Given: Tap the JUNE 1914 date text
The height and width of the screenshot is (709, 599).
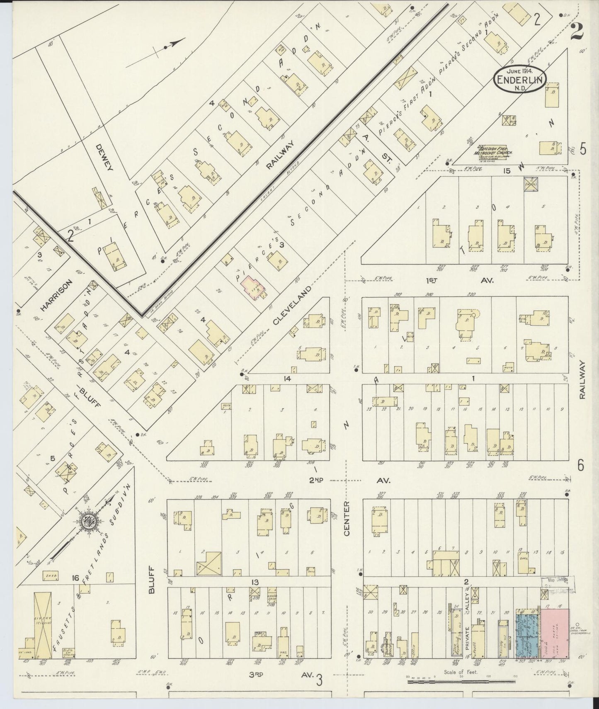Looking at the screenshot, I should (x=520, y=70).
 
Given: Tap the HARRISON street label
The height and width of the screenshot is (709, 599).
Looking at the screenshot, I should (x=57, y=295).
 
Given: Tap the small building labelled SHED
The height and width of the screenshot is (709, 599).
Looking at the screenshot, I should (x=50, y=576).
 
